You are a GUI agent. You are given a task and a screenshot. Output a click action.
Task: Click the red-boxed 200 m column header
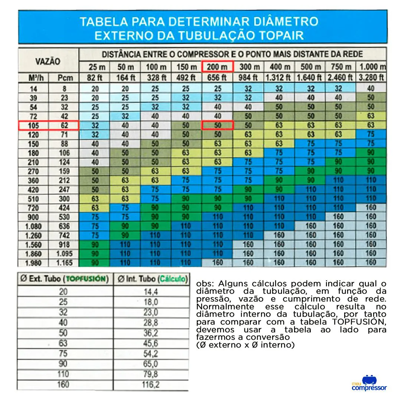click(217, 67)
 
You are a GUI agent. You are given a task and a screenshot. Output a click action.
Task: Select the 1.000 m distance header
click(371, 67)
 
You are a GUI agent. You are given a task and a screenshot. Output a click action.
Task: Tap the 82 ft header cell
click(94, 78)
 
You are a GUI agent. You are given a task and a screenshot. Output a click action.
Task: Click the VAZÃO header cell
click(48, 61)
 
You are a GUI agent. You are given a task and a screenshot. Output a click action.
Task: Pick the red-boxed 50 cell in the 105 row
click(217, 125)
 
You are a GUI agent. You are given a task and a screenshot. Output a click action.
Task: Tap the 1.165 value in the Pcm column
click(63, 263)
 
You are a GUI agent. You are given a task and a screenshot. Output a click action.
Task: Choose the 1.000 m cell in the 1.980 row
click(371, 263)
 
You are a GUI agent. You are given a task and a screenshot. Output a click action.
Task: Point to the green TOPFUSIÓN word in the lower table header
click(88, 279)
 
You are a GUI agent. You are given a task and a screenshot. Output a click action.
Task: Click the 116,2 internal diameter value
click(150, 385)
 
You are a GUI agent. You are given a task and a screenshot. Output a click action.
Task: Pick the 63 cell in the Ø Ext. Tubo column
click(63, 343)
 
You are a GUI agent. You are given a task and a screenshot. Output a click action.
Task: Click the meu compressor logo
click(369, 383)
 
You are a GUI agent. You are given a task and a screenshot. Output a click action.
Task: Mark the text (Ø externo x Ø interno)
click(245, 345)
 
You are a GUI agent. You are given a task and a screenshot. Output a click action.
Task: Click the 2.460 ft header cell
click(340, 78)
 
